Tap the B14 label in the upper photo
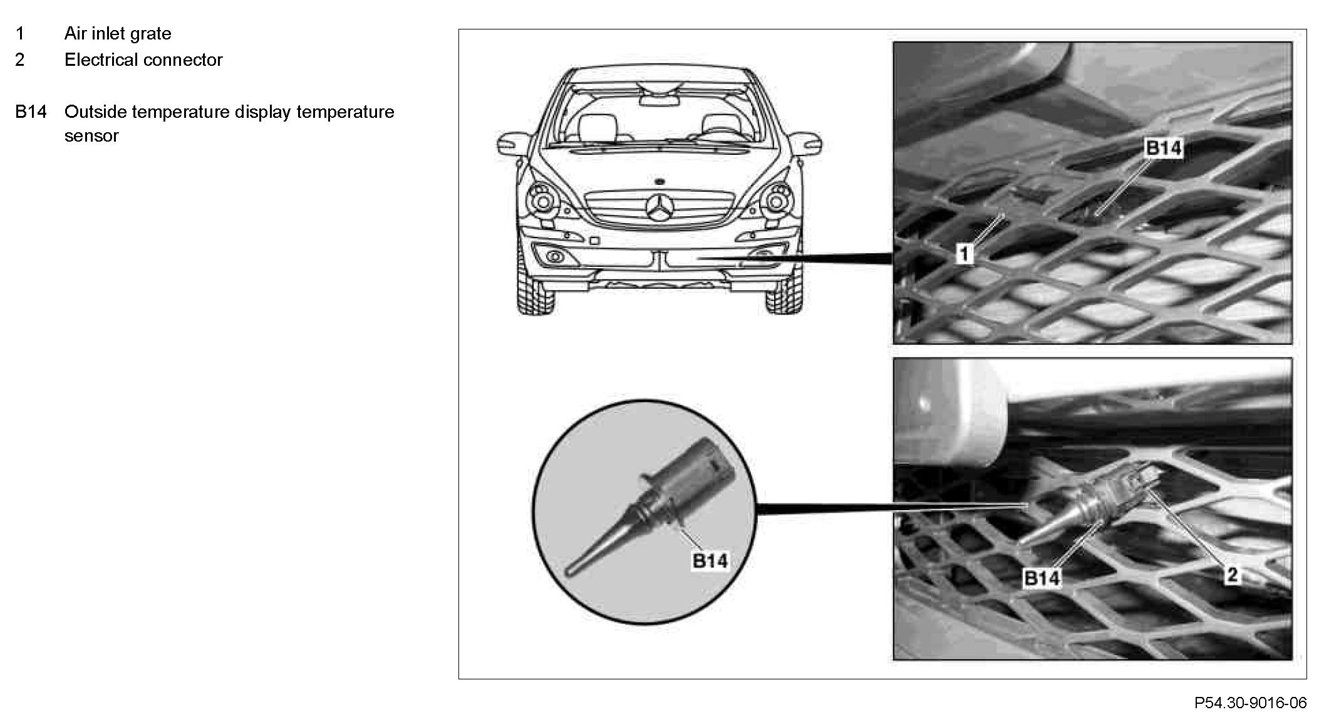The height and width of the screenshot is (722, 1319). (x=1163, y=148)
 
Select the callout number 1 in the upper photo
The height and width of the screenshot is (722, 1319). (x=965, y=254)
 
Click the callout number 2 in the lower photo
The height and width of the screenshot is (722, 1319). (x=1231, y=575)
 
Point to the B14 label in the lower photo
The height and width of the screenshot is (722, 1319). (x=1042, y=578)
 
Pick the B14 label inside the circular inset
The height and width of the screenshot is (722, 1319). (x=710, y=560)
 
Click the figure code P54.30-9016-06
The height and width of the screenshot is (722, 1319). (x=1250, y=703)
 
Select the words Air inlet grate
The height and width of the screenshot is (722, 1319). (x=118, y=33)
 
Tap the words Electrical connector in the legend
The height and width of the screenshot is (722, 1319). (x=143, y=60)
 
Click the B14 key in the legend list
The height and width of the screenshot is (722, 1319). (x=31, y=112)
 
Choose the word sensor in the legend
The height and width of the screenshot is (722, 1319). (x=91, y=136)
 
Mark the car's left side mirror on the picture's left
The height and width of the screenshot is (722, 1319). (x=511, y=144)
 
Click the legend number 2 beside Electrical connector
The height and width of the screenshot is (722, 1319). (x=20, y=60)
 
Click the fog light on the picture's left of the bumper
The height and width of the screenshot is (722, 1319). (x=554, y=256)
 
